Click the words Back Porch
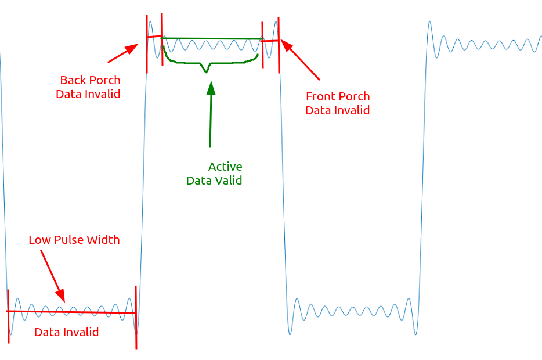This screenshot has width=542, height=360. coord(90,80)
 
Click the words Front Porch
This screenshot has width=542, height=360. coord(338,96)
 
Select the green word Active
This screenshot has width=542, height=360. coord(225,167)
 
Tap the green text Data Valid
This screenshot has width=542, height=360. coord(214,181)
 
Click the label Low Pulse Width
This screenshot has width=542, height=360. coord(74,240)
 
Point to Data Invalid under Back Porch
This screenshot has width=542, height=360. coord(88,94)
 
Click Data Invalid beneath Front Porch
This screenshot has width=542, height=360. coord(338,110)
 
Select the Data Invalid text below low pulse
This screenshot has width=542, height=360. coord(66,332)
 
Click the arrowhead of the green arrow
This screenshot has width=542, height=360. coord(211,87)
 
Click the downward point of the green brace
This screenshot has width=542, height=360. coord(206,73)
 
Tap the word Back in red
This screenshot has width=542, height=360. coord(73,80)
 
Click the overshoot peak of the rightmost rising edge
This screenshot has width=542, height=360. coord(430,23)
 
